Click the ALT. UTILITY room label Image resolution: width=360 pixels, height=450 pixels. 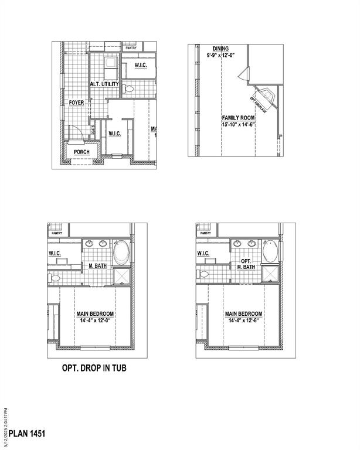tap(104, 84)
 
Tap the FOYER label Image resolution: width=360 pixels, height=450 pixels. tap(76, 103)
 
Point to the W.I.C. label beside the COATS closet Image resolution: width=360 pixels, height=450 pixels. tap(115, 134)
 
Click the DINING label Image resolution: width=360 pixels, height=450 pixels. tap(221, 49)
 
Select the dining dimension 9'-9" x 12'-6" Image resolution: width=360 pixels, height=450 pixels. tap(221, 55)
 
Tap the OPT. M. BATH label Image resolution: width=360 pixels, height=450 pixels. tap(247, 264)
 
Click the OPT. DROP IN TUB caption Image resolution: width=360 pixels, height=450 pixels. tap(94, 369)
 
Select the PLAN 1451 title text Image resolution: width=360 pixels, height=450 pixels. tap(27, 434)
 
